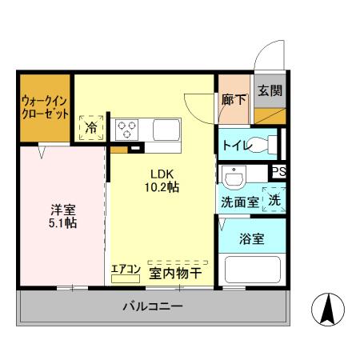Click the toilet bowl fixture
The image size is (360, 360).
(261, 146)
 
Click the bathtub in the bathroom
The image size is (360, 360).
(251, 268)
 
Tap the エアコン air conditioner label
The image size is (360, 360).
(125, 270)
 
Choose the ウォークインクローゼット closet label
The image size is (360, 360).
(45, 106)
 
